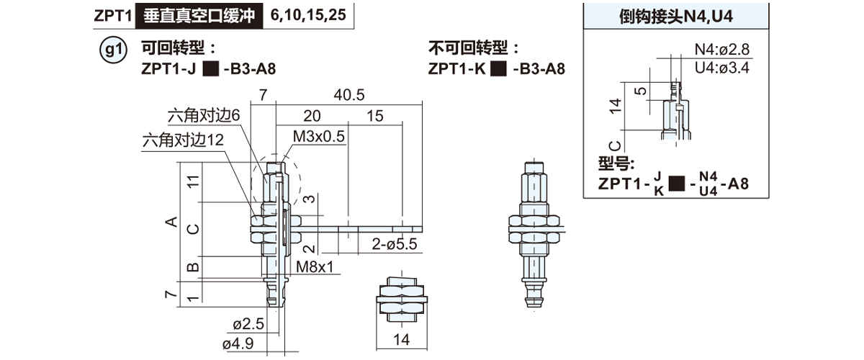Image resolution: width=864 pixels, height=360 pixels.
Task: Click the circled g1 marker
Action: (x=113, y=50)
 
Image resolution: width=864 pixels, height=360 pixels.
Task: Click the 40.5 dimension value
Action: (x=348, y=95)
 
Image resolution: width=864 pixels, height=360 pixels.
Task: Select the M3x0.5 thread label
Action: (x=318, y=136)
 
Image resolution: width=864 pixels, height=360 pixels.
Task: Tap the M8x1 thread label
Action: (x=315, y=266)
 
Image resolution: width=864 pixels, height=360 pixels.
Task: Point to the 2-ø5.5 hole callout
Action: (x=395, y=244)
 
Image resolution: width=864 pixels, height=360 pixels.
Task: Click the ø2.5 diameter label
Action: (x=248, y=324)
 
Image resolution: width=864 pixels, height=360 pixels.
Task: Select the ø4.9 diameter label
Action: (x=238, y=343)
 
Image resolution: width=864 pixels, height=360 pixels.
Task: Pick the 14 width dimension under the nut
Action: (x=401, y=340)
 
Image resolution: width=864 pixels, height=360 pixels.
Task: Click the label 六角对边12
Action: (x=183, y=140)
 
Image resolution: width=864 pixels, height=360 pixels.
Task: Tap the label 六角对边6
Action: (x=204, y=115)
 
